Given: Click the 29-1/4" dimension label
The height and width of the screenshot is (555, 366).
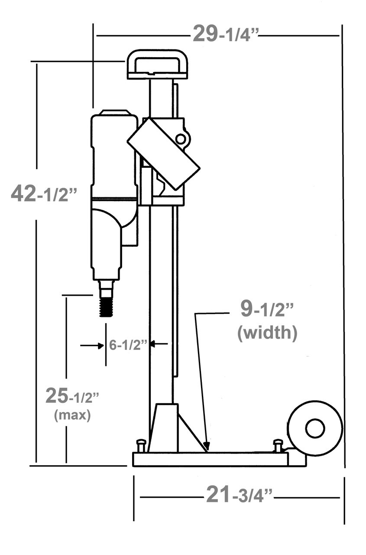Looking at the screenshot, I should (225, 34).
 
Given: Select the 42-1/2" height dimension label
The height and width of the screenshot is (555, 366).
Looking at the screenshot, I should (44, 193).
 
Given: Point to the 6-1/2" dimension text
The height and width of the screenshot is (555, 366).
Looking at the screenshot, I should (129, 345).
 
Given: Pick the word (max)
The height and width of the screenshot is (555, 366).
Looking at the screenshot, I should (72, 415).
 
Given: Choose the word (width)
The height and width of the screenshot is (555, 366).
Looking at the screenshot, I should (267, 333).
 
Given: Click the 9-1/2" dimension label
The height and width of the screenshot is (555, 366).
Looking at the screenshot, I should (267, 309).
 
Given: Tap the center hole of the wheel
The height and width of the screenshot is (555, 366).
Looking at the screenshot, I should (315, 428).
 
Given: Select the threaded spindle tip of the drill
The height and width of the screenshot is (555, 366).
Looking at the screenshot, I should (106, 307).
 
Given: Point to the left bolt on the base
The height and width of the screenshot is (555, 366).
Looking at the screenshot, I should (141, 445).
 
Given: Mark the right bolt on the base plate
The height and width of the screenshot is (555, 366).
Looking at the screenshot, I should (278, 445).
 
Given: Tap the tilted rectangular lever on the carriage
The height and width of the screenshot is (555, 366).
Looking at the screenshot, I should (164, 153).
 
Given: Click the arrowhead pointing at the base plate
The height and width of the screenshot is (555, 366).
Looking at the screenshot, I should (207, 447).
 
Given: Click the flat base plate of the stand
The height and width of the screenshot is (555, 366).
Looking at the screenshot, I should (210, 459).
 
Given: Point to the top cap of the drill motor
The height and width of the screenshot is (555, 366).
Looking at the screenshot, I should (115, 113).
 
